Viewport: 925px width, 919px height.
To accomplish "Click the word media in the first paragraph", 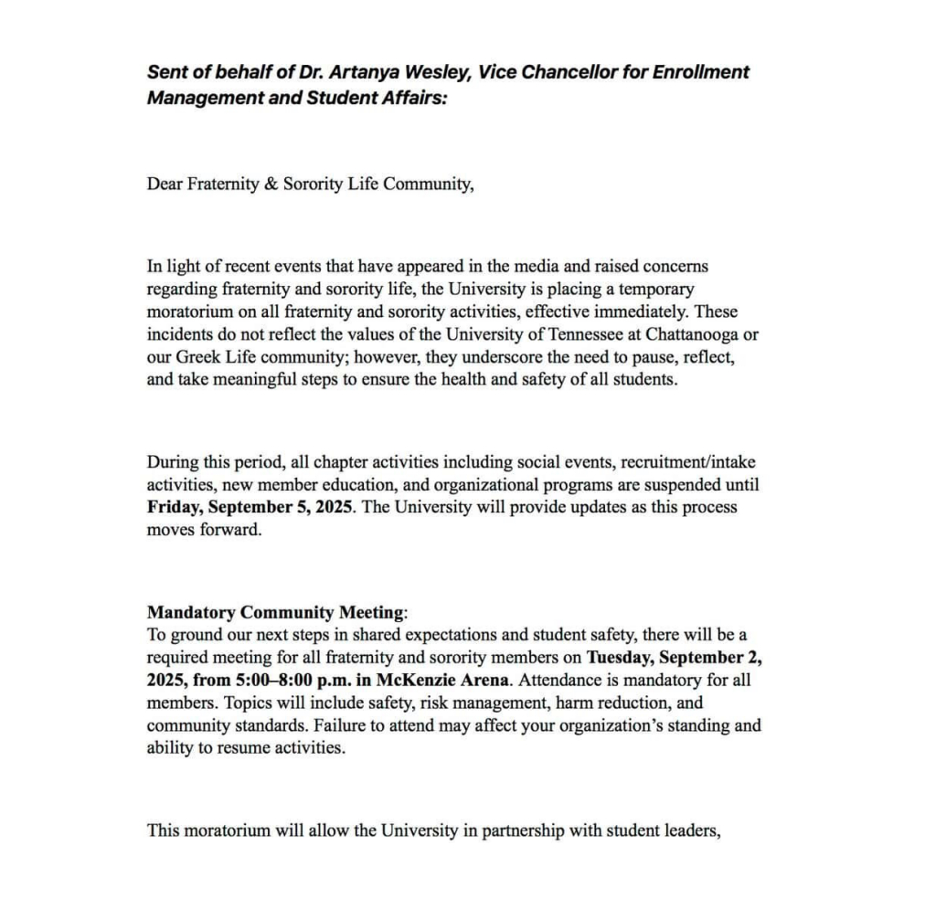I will [x=512, y=267].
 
